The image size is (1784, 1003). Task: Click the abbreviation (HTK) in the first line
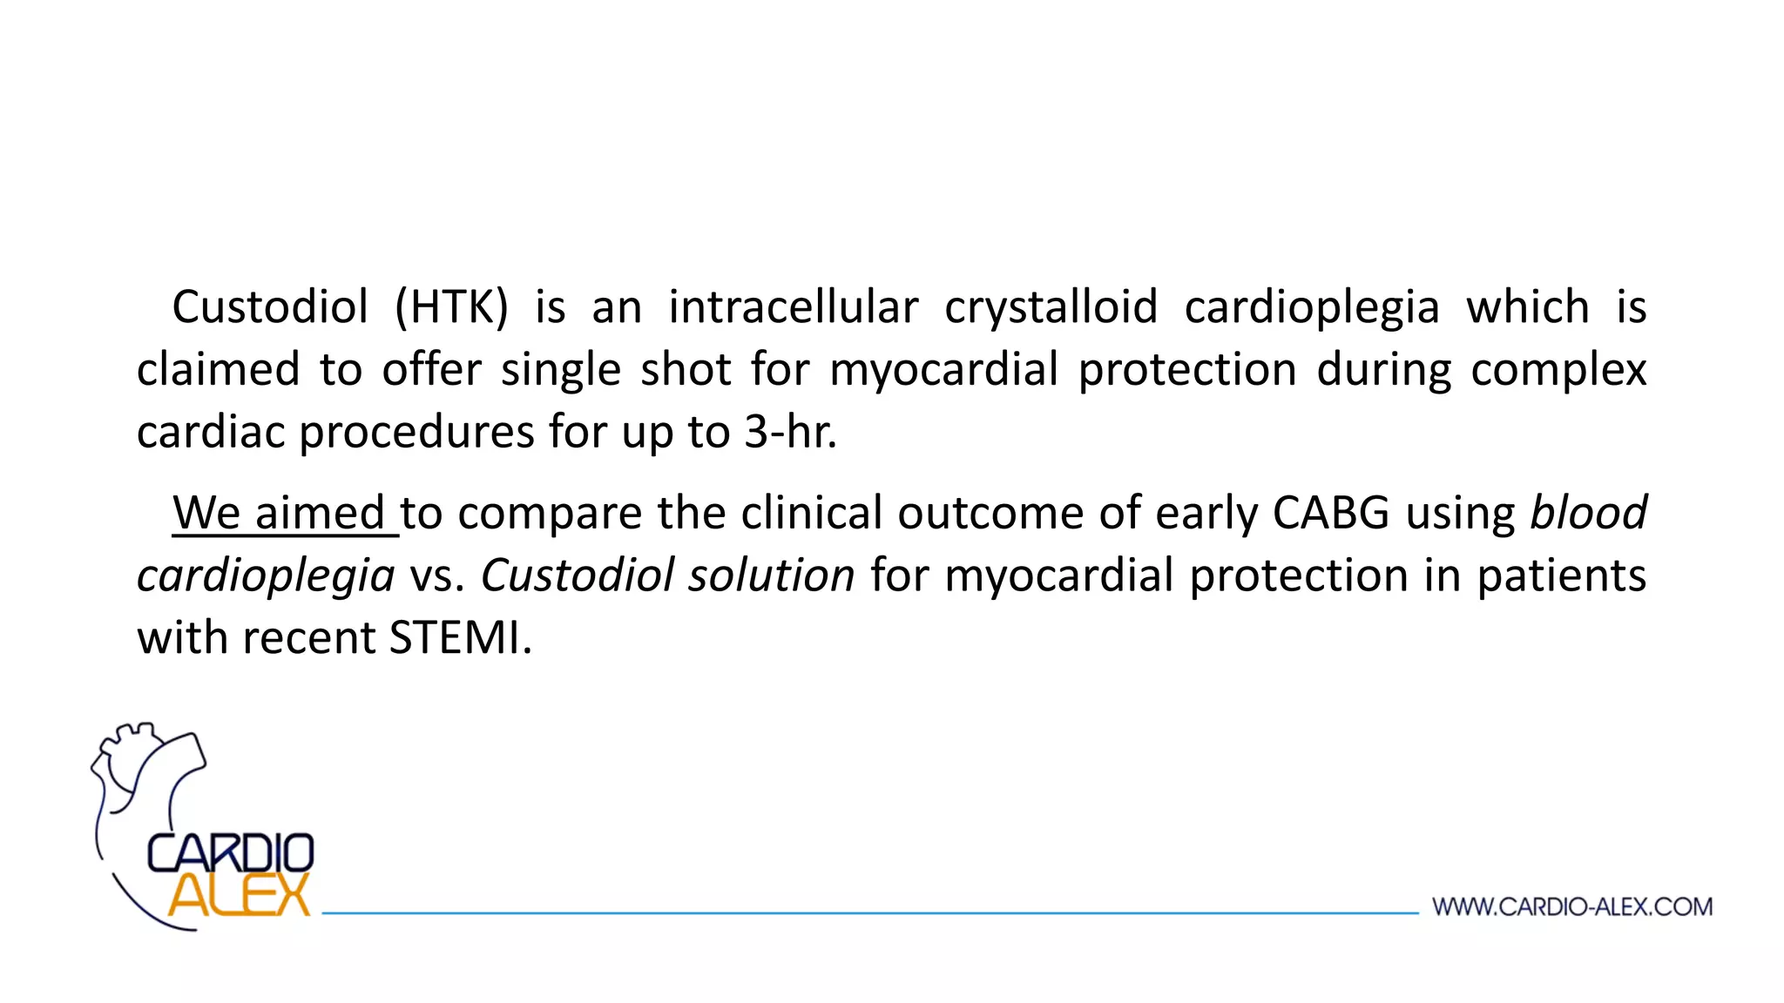click(450, 307)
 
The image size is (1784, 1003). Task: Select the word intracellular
click(793, 307)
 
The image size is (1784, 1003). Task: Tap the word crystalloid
click(1051, 307)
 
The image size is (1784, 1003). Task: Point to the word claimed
click(218, 369)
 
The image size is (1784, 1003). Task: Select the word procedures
click(416, 433)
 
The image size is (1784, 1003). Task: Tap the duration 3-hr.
click(789, 433)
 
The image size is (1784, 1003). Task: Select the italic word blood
click(1588, 512)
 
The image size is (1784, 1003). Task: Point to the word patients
click(1561, 576)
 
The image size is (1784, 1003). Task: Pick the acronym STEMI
click(459, 637)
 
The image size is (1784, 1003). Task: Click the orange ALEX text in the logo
click(240, 894)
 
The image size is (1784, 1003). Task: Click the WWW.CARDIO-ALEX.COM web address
click(1572, 907)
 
